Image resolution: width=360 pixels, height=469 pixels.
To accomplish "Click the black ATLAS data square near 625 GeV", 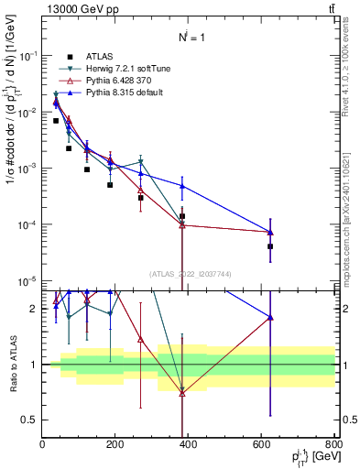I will click(270, 246).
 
